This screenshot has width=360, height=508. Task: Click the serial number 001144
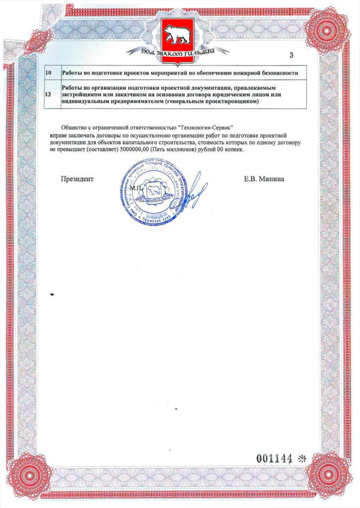[x=273, y=458]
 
